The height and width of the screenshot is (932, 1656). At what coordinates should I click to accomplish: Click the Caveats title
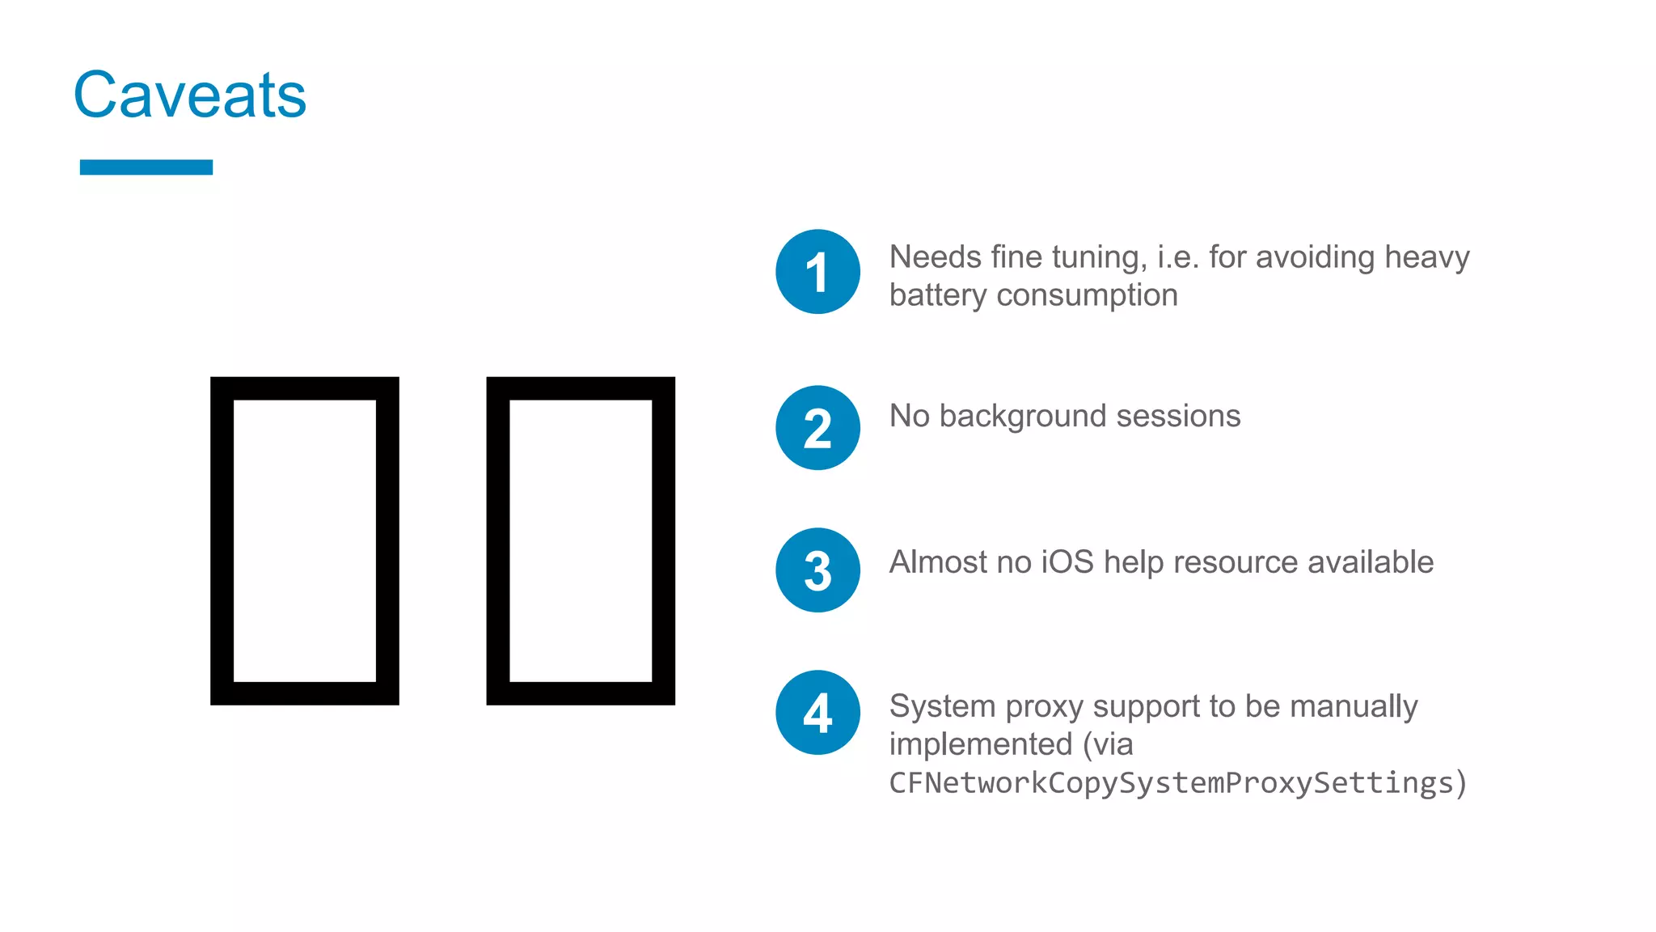point(190,95)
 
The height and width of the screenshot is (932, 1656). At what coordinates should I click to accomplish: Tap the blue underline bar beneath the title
point(146,167)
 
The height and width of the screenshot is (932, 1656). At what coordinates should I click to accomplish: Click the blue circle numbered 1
point(817,272)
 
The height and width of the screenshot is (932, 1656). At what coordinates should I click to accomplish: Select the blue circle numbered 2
point(817,428)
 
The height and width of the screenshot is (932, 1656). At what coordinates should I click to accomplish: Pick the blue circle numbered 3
point(817,570)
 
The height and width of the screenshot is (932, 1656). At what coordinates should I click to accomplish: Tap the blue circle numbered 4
point(817,713)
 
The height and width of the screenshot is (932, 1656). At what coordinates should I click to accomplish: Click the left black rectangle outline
point(222,540)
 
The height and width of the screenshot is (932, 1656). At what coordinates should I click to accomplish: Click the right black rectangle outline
point(499,540)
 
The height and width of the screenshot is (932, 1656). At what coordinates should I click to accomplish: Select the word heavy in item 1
point(1426,257)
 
